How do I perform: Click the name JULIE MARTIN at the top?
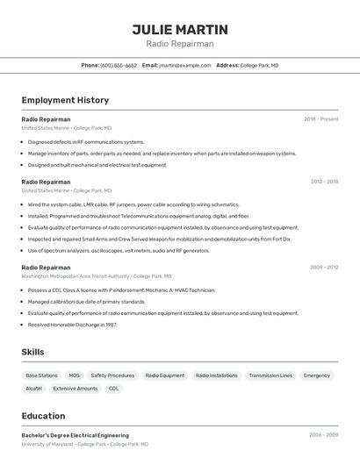click(x=180, y=29)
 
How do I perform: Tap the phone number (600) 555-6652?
click(x=119, y=65)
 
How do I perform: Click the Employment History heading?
click(x=65, y=100)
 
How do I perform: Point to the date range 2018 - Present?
click(x=320, y=119)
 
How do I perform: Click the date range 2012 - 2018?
click(x=324, y=182)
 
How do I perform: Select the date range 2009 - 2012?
click(x=324, y=268)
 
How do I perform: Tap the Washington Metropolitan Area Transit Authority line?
click(x=97, y=276)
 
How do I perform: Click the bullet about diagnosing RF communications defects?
click(x=86, y=141)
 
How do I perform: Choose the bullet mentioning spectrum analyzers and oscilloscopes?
click(x=119, y=250)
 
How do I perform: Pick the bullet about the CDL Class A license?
click(x=121, y=290)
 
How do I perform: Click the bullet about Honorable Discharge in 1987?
click(x=72, y=324)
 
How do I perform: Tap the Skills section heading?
click(x=33, y=352)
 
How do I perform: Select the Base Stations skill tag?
click(x=41, y=376)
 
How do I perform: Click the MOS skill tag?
click(x=74, y=376)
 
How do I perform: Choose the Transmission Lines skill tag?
click(x=270, y=376)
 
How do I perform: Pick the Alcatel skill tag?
click(x=33, y=388)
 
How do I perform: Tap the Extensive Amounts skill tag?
click(x=76, y=388)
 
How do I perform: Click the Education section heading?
click(x=43, y=416)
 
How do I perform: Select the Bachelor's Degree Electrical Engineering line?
click(x=76, y=435)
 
